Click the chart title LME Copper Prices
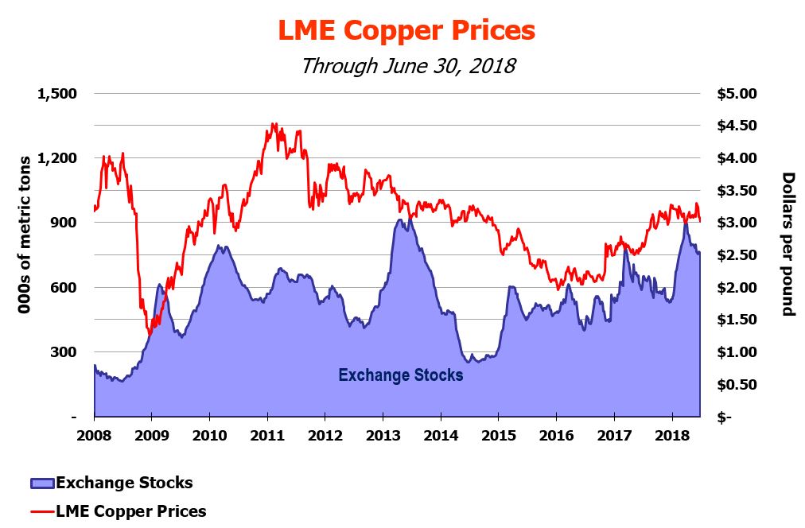pos(406,30)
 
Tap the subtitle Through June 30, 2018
pos(407,64)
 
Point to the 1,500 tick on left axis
pos(56,94)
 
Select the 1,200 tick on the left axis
pos(56,158)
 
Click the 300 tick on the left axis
pos(64,352)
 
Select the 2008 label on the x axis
pos(95,436)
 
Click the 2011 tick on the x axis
pos(267,436)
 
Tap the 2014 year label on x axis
pos(441,436)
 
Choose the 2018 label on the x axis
pos(672,436)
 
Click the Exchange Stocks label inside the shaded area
pos(401,375)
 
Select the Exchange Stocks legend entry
pos(123,483)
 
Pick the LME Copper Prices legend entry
pos(130,511)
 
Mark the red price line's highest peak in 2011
pos(273,123)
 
